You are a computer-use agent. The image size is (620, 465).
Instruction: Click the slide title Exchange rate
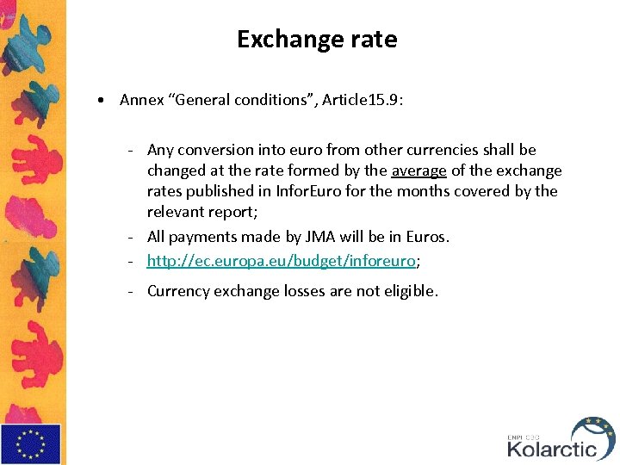[x=317, y=40]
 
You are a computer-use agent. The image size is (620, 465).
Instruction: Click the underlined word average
[x=418, y=170]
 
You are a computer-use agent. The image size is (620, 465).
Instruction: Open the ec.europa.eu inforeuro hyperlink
[x=281, y=260]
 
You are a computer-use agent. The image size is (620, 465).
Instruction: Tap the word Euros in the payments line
[x=428, y=236]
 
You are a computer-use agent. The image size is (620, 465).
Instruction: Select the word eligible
[x=407, y=291]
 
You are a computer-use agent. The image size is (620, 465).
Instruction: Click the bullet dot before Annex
[x=102, y=100]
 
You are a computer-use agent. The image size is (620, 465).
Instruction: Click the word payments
[x=201, y=236]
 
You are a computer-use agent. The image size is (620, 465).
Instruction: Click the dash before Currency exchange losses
[x=130, y=291]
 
